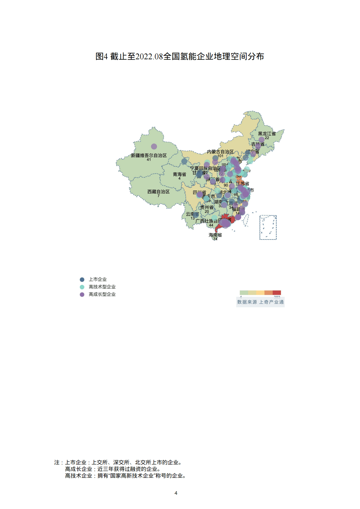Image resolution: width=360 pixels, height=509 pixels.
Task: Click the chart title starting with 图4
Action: [x=180, y=57]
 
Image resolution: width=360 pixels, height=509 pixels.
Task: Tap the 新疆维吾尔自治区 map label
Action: [x=149, y=155]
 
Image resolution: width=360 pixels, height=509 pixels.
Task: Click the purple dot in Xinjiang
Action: [x=154, y=146]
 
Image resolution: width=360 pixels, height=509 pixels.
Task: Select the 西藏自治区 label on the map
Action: [x=158, y=192]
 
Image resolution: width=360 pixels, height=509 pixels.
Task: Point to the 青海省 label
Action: [x=179, y=174]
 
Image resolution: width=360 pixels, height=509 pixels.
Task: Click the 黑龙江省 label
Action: [x=267, y=134]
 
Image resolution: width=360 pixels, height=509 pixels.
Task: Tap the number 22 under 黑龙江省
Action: [x=267, y=138]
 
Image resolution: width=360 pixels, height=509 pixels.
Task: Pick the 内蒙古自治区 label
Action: [x=220, y=152]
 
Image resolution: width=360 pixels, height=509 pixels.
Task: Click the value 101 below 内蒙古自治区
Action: [x=220, y=156]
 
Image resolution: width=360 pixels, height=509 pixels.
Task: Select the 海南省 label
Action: [x=215, y=235]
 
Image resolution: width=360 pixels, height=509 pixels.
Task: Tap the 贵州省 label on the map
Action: [x=207, y=207]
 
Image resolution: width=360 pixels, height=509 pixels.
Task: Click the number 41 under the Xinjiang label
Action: [x=149, y=160]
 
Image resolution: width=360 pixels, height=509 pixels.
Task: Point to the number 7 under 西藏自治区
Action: [x=158, y=196]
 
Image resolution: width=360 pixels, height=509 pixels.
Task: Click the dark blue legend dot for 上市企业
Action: [x=82, y=279]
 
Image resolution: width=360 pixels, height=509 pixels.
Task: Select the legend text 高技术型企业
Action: [x=102, y=287]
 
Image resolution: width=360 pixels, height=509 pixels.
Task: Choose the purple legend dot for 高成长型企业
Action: [x=82, y=294]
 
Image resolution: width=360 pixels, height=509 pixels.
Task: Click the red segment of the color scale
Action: [x=277, y=292]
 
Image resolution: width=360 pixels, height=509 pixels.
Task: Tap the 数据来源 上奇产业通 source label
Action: [x=260, y=302]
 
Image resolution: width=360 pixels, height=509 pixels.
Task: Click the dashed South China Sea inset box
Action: [x=268, y=227]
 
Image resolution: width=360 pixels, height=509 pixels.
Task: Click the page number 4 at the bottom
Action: [x=176, y=493]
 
